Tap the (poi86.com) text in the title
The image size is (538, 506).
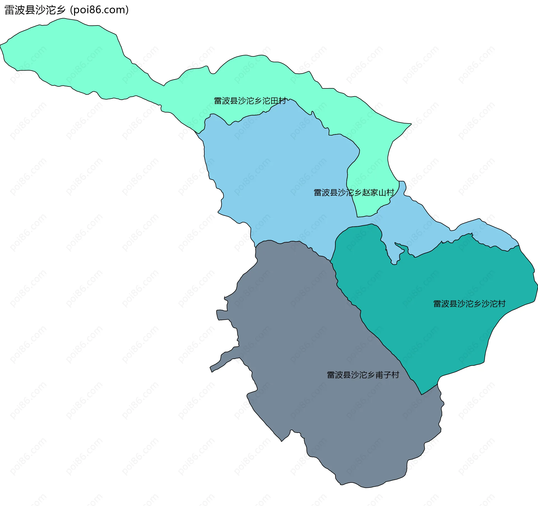[99, 10]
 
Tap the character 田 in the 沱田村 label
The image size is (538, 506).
[274, 101]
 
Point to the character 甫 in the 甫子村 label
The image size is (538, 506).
[379, 375]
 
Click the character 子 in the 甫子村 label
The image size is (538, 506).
[387, 375]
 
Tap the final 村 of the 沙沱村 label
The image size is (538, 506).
[502, 304]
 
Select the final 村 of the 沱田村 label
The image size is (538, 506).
[282, 101]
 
